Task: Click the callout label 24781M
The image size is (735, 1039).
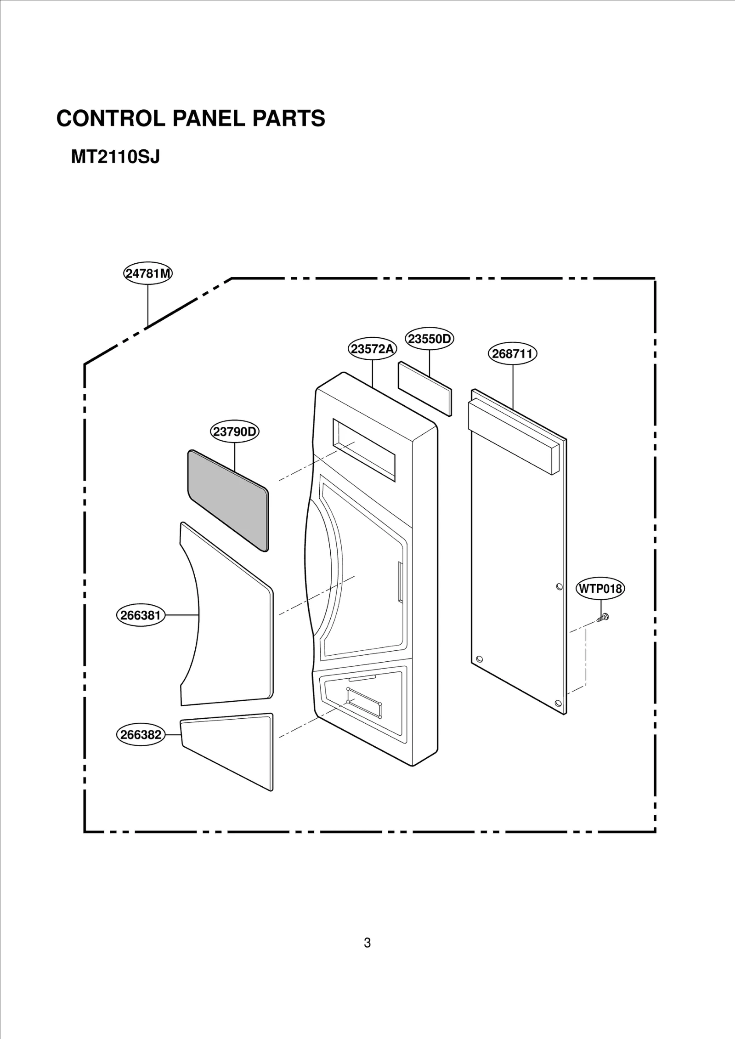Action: (x=148, y=274)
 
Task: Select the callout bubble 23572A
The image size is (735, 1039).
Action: (x=372, y=349)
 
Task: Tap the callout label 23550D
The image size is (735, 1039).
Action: (x=430, y=339)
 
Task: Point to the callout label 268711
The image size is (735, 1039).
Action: (x=512, y=353)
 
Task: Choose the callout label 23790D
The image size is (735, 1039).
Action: (x=235, y=431)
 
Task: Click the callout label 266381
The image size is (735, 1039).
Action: (x=141, y=615)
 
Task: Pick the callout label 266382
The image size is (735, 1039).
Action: (x=141, y=734)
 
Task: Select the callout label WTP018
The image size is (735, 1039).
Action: (x=600, y=589)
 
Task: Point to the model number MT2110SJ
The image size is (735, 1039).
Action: (x=115, y=157)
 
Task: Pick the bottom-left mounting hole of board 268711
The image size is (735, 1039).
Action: (x=480, y=659)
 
